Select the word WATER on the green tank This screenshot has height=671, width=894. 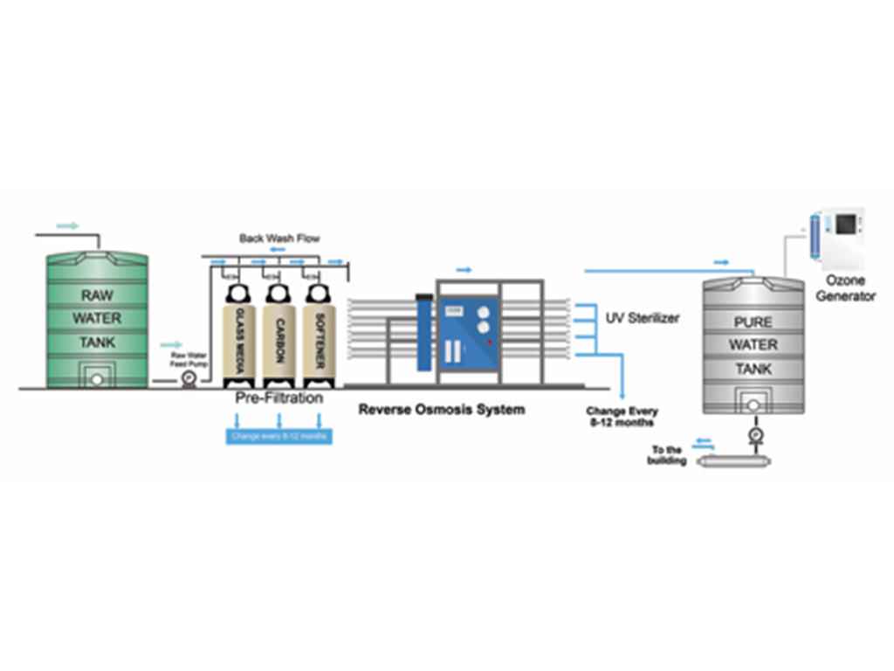97,319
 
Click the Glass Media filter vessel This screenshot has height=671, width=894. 238,336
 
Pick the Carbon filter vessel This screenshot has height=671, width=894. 279,336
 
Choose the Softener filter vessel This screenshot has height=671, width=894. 320,336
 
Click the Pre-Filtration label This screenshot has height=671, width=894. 279,398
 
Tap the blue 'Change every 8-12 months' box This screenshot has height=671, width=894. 279,435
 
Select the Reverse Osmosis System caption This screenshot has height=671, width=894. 442,409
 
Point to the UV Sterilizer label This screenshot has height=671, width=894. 643,318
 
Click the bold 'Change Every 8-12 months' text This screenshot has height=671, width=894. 622,417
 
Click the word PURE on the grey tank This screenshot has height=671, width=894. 753,322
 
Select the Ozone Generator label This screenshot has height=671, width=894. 845,287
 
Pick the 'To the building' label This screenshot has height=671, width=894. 667,455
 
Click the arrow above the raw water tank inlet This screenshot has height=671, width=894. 67,226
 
